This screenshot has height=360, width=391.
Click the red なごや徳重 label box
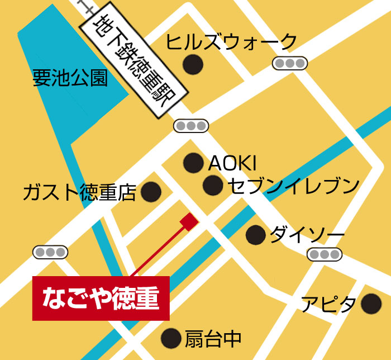point(101,298)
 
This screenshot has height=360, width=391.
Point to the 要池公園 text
point(70,78)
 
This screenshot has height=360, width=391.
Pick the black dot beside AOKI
point(193,163)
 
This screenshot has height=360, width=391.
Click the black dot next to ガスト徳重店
point(151,192)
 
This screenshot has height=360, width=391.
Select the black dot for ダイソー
point(256,234)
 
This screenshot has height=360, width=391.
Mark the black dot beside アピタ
point(371,304)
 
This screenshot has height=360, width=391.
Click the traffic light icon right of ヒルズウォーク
point(290,63)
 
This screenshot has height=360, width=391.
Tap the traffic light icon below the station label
point(190,126)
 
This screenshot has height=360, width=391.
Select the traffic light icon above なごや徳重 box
point(50,252)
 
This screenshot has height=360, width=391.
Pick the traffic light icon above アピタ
point(325,255)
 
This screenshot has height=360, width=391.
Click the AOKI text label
point(232,163)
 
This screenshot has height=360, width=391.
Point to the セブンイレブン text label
point(292,185)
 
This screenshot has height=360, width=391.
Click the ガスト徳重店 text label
point(80,193)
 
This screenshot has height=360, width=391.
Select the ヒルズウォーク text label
point(232,42)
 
